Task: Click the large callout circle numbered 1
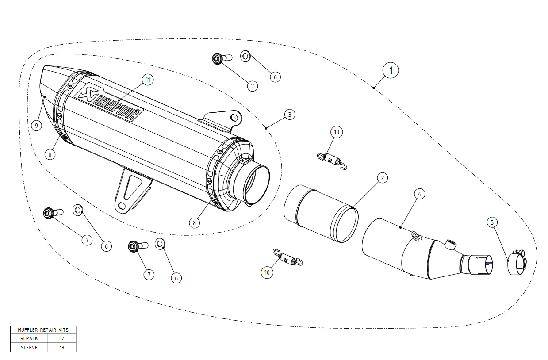(x=391, y=70)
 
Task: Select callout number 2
(x=383, y=178)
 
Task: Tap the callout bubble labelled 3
(x=289, y=115)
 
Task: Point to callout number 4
(x=419, y=194)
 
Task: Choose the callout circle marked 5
(x=493, y=222)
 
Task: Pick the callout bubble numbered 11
(x=148, y=80)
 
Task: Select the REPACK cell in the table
(x=29, y=338)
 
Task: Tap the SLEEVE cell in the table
(x=29, y=348)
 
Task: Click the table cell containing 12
(x=62, y=338)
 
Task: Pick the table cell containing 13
(x=62, y=348)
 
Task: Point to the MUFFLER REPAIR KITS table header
(x=43, y=329)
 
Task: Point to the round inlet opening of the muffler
(x=255, y=185)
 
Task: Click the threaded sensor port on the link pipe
(x=451, y=244)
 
